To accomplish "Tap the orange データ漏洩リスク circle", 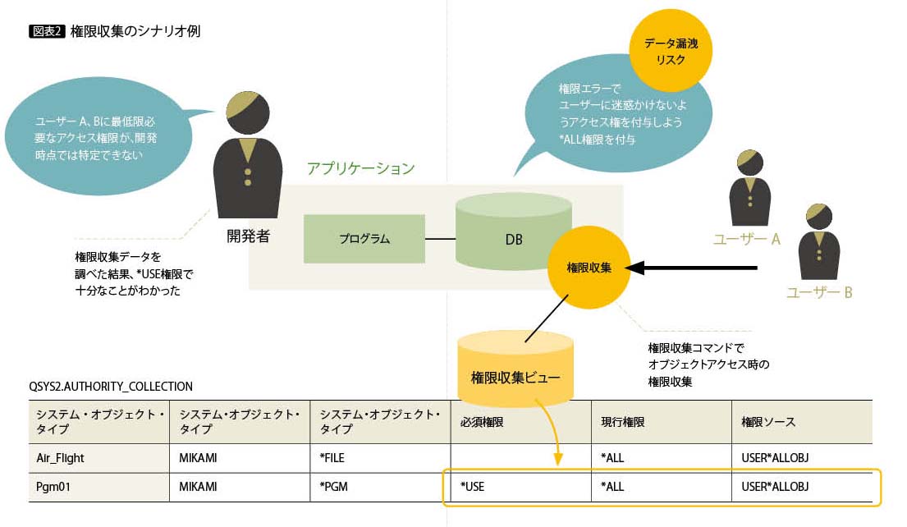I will (671, 51).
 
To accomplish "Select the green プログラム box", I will (364, 239).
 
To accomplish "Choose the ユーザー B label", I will (819, 291).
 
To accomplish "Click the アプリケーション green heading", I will (360, 169).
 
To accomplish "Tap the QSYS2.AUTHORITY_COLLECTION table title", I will (111, 386).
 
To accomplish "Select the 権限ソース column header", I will (768, 422).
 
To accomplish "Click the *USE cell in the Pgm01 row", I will (473, 487).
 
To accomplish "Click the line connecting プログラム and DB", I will (440, 239).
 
